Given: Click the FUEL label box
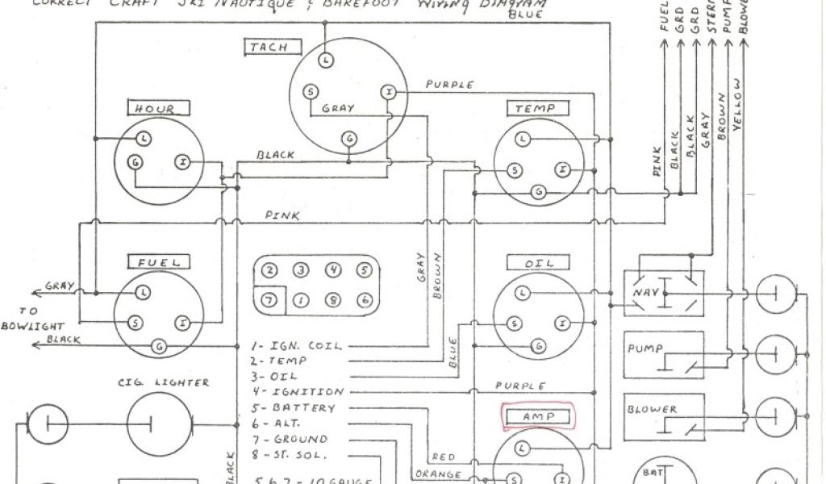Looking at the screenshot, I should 158,262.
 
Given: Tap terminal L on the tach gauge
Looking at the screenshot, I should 325,60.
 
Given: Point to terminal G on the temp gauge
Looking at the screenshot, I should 539,191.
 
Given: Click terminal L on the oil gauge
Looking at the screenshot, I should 524,291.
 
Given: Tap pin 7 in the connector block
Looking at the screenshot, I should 270,299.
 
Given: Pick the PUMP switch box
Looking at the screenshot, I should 659,355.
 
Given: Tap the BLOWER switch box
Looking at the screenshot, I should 659,415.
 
